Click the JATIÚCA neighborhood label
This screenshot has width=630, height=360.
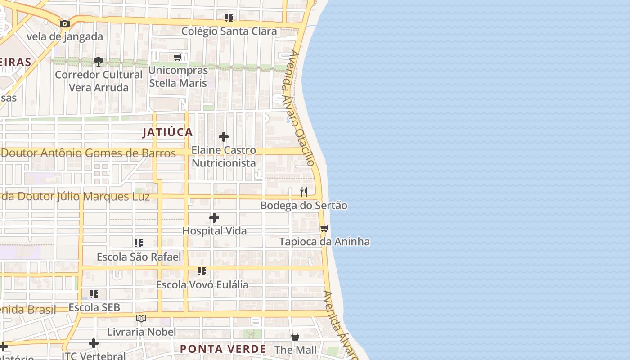click(168, 132)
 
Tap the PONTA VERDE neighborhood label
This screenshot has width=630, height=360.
click(223, 349)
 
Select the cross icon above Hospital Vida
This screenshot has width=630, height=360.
click(214, 218)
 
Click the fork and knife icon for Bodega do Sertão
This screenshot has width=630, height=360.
click(304, 192)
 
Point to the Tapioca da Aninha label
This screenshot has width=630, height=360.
click(324, 242)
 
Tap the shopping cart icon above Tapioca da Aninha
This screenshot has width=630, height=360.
click(324, 228)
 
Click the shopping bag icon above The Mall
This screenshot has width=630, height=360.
click(295, 337)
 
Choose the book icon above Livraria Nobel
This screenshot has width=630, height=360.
click(141, 319)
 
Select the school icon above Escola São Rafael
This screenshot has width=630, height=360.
click(139, 243)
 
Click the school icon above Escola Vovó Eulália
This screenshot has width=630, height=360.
click(202, 271)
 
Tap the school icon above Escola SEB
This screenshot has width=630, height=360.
click(94, 294)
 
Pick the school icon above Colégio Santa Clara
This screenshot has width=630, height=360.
click(229, 18)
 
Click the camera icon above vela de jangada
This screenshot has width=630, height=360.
click(65, 23)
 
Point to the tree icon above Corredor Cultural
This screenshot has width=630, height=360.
click(99, 61)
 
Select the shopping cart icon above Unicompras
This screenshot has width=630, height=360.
click(178, 58)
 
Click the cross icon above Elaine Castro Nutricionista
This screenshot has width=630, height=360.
click(224, 137)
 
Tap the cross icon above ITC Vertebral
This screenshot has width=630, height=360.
click(94, 343)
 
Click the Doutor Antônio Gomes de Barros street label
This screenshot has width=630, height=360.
click(88, 153)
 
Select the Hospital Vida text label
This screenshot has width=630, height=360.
click(214, 231)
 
